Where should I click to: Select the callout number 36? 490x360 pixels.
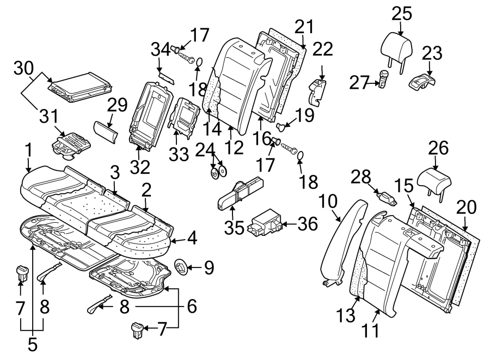click(x=309, y=223)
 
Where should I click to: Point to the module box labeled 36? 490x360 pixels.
click(x=264, y=224)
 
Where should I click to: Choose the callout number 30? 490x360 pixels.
click(x=24, y=68)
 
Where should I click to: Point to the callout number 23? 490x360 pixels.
click(x=432, y=53)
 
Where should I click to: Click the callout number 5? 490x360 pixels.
click(x=32, y=344)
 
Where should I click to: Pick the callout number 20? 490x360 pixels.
click(x=467, y=207)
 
